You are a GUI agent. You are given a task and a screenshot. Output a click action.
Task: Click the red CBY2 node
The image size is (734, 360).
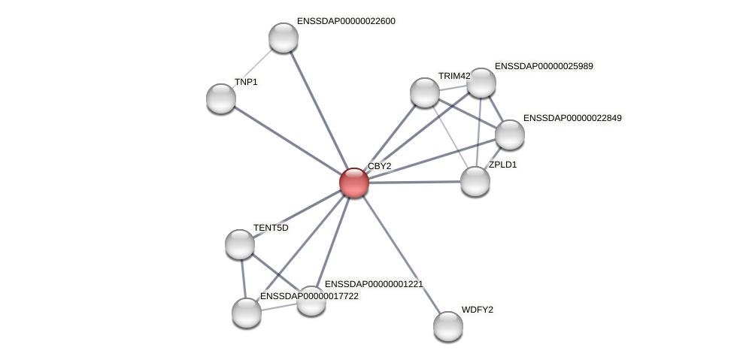click(x=353, y=183)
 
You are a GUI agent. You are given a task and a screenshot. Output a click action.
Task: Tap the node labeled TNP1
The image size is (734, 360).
click(x=221, y=98)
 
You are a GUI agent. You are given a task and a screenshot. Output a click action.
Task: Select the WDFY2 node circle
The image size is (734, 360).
click(x=448, y=326)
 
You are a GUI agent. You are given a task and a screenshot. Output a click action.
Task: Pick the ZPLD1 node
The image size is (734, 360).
click(x=475, y=181)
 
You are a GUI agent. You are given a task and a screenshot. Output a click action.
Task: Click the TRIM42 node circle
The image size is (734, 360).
click(x=425, y=92)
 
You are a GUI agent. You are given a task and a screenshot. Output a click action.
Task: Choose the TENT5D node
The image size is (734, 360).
click(x=240, y=244)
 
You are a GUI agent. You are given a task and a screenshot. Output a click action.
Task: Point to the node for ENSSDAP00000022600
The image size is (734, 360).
click(x=284, y=38)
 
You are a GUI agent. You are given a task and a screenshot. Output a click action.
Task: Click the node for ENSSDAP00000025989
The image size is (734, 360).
click(x=481, y=83)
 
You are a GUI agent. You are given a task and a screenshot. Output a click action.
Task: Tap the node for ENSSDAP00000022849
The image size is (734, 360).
click(x=510, y=135)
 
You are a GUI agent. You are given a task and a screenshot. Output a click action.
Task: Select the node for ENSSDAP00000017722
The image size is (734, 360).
click(x=247, y=313)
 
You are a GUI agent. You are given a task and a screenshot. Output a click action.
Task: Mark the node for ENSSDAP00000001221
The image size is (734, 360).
click(x=311, y=301)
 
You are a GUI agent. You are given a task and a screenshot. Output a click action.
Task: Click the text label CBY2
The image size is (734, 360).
click(x=379, y=166)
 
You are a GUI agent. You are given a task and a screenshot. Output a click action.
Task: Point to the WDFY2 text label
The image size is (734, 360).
click(x=477, y=310)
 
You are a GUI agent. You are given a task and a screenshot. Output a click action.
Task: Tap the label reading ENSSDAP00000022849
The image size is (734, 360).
click(x=572, y=118)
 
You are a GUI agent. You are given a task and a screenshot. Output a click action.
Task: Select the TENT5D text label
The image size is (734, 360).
click(x=271, y=228)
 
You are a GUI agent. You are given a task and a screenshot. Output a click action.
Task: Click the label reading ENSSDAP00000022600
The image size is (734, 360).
click(x=346, y=21)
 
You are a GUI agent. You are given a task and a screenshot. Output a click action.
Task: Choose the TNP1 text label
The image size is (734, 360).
click(x=246, y=82)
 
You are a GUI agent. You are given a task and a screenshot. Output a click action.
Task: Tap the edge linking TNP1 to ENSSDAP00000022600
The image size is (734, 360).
click(x=253, y=68)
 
